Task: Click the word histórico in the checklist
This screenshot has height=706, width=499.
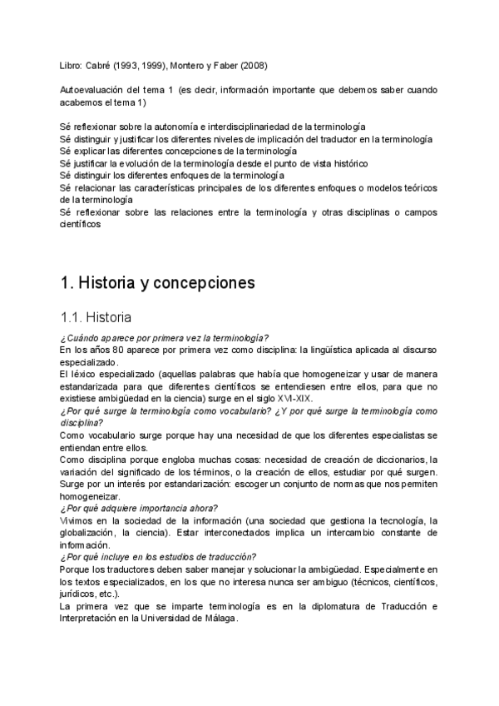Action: tap(345, 164)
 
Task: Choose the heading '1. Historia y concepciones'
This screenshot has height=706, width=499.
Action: tap(158, 282)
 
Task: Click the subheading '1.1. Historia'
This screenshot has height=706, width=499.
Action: tap(96, 317)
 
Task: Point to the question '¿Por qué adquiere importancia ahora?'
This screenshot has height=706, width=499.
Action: tap(140, 508)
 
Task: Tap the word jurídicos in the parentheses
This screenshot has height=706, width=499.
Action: tap(82, 594)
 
